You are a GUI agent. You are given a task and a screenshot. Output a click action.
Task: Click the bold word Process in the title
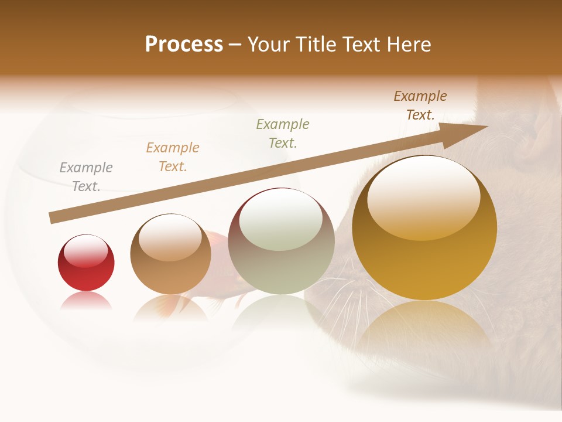184,45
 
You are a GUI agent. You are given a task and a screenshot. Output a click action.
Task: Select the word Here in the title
408,45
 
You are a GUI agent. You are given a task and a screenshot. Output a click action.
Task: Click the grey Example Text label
86,177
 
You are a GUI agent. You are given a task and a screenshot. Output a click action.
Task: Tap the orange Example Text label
173,157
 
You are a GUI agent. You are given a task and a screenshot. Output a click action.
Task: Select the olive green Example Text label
283,133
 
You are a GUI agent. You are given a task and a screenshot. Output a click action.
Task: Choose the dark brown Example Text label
420,105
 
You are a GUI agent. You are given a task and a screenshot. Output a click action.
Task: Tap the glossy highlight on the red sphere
86,250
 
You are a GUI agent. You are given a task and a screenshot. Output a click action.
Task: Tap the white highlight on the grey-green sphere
281,220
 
